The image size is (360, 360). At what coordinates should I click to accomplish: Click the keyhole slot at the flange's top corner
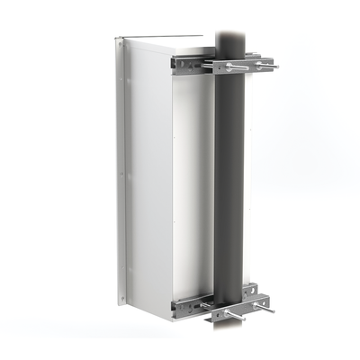point(119,41)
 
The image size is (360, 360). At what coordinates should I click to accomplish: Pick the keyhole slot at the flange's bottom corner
point(119,299)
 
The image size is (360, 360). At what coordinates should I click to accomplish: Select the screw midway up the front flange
point(118,171)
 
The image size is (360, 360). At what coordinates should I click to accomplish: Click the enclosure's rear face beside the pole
point(193,180)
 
